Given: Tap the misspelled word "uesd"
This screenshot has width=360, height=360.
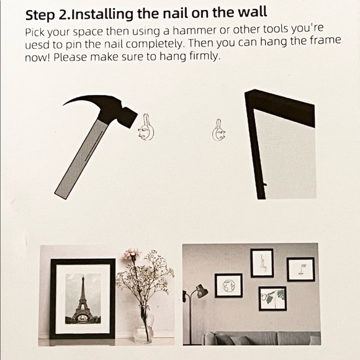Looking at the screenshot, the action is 37,45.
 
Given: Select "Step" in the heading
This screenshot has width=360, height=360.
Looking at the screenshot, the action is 40,16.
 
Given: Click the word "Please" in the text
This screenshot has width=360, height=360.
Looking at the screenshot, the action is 70,57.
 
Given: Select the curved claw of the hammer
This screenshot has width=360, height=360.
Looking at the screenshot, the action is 79,101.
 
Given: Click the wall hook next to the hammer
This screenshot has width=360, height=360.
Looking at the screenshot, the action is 146,127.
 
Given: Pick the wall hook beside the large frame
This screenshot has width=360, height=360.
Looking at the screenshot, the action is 218,130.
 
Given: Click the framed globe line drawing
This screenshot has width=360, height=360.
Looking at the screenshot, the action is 228,286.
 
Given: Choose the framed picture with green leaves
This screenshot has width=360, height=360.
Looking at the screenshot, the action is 272,299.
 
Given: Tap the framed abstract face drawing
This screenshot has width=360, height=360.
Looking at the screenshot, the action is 300,269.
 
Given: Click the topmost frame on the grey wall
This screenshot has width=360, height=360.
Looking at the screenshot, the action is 262,263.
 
